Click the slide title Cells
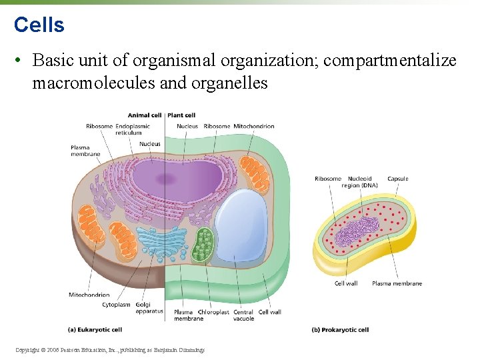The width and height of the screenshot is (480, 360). [x=39, y=25]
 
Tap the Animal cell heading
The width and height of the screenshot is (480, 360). [x=144, y=115]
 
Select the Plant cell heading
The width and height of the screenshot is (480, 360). [x=181, y=115]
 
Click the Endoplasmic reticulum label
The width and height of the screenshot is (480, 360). [x=132, y=129]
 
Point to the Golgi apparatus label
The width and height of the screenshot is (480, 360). [x=149, y=308]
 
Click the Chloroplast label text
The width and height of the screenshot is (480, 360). [x=213, y=312]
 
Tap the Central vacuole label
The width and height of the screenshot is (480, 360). [x=243, y=315]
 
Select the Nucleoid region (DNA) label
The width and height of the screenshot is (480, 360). [x=360, y=182]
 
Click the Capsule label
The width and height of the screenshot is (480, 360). [x=398, y=179]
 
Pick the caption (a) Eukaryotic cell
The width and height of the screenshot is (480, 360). [x=95, y=329]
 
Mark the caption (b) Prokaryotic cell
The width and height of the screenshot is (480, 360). [x=340, y=329]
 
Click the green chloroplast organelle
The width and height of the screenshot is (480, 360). [x=202, y=245]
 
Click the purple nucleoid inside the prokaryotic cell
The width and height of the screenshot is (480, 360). [x=354, y=233]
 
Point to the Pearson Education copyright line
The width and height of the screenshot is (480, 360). [x=109, y=350]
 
